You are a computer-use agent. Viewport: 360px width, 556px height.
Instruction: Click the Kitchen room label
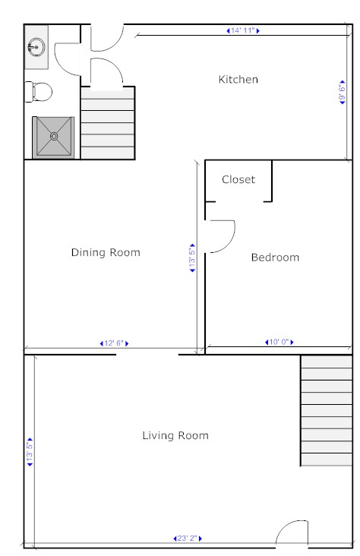click(x=238, y=79)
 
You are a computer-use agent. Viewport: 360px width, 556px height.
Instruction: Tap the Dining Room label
click(x=106, y=252)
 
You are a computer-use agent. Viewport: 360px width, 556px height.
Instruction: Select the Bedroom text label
click(x=275, y=257)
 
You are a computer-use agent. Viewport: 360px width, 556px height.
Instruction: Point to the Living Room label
click(x=175, y=435)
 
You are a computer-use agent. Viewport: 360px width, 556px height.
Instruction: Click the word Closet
click(x=238, y=179)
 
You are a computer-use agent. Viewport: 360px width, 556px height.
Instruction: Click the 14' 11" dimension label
click(x=243, y=31)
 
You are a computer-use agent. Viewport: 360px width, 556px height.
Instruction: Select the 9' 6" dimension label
click(x=343, y=93)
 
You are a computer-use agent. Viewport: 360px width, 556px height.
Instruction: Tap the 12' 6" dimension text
click(x=114, y=343)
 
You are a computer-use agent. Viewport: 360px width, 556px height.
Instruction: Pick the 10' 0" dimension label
click(x=279, y=342)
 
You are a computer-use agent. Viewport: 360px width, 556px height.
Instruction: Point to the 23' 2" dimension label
click(x=188, y=539)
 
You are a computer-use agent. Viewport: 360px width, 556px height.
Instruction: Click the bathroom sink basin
click(x=36, y=47)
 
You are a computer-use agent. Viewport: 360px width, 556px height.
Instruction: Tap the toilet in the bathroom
click(x=38, y=92)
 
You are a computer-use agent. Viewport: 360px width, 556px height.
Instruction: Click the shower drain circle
click(x=54, y=136)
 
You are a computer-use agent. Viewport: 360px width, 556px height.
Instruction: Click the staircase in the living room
click(x=327, y=411)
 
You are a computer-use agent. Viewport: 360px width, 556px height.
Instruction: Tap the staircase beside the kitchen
click(x=108, y=123)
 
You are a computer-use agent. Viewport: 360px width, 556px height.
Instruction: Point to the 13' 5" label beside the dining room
click(x=192, y=257)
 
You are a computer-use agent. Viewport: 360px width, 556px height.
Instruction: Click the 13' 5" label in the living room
click(x=30, y=452)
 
